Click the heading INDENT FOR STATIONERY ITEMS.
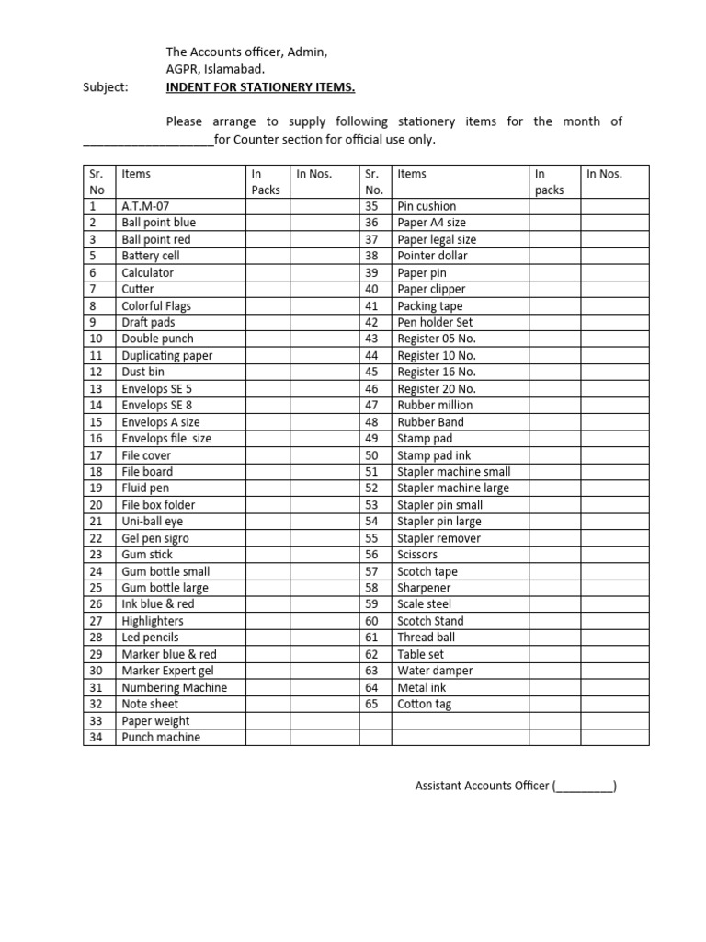point(260,87)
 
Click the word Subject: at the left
point(106,87)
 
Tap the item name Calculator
point(147,272)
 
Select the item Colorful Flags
point(156,305)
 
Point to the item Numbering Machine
point(174,687)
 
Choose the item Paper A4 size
point(431,223)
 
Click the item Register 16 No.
point(436,372)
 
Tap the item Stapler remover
point(438,538)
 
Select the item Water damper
point(434,671)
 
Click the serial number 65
point(371,704)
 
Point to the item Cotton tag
point(424,704)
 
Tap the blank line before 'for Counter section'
point(147,141)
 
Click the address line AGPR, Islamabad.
point(215,69)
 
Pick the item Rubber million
point(435,405)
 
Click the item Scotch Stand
point(430,621)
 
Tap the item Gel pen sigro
point(155,538)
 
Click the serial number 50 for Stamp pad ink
point(371,455)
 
